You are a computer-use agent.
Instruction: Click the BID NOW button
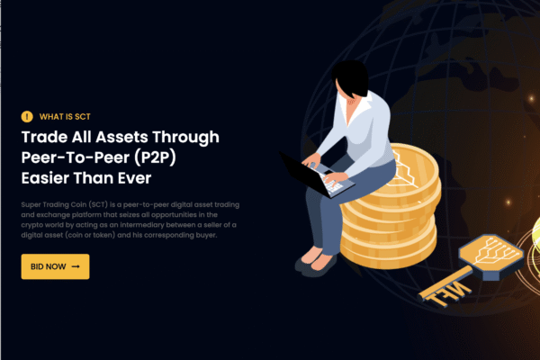click(x=55, y=266)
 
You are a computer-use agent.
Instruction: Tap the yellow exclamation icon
click(x=27, y=117)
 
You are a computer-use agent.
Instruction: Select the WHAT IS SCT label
click(x=65, y=117)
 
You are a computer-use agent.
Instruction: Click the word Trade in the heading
click(x=45, y=137)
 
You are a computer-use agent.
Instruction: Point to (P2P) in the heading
click(x=155, y=157)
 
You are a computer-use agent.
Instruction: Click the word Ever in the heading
click(x=135, y=178)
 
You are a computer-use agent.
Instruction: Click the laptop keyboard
click(x=330, y=182)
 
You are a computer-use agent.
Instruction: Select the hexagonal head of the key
click(x=491, y=255)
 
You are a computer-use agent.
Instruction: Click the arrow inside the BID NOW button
click(x=76, y=266)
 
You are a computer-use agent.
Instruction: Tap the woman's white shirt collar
click(x=355, y=107)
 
